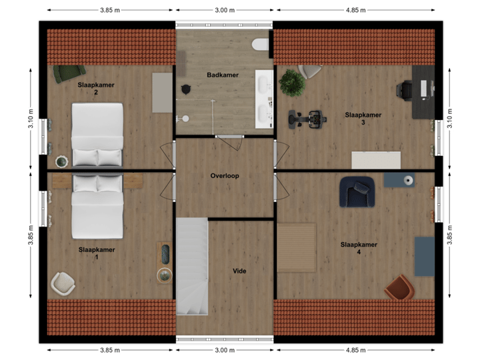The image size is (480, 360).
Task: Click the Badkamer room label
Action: (x=223, y=75)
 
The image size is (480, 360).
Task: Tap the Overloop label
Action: (x=225, y=176)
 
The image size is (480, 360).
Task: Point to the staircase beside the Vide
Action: (x=193, y=267)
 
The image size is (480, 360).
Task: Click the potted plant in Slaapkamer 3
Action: (x=292, y=83)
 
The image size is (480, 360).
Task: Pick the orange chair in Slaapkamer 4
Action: (x=399, y=288)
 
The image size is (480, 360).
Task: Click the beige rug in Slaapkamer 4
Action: (x=297, y=248)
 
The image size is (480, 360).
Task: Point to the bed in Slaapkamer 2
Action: (x=98, y=135)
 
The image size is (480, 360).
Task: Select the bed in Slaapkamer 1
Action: (x=97, y=207)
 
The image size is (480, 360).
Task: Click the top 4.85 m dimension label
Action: (x=354, y=10)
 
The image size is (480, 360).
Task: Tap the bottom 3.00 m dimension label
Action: (x=225, y=350)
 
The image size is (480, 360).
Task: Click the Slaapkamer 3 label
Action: (x=363, y=119)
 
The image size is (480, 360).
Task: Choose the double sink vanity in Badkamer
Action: (x=265, y=98)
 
